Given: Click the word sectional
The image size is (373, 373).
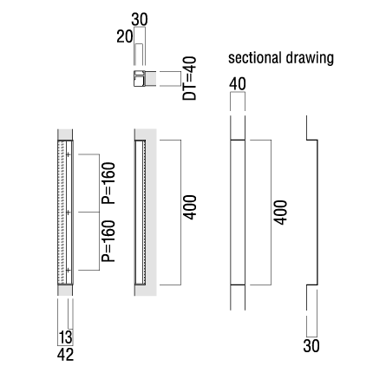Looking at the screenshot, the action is coord(254,58).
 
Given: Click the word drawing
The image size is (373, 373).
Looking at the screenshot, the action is coord(310,59).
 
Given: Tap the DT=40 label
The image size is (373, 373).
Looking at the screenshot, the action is coord(189,78).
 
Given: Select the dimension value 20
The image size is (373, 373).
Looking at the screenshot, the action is coord(125,36).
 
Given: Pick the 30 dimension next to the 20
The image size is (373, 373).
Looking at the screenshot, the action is coord(140,20).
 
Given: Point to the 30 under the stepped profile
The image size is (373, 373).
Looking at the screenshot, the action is coord(311,345).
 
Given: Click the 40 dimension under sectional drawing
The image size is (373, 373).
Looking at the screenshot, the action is coord(238,84).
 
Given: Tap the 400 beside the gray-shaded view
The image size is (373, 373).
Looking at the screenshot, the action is coord(190,207).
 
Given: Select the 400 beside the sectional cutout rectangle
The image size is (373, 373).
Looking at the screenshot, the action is coord(281,213).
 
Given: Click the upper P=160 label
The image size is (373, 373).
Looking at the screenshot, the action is coord(108,183).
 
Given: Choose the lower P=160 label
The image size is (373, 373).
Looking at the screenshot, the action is coord(108,241).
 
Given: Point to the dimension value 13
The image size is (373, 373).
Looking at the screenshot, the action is coord(66,337).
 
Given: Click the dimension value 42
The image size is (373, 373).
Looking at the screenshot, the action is coord(65,355).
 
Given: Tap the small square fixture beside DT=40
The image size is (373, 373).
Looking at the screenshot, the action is coord(139,78).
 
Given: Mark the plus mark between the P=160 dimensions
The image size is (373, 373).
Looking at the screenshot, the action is coord(69,213).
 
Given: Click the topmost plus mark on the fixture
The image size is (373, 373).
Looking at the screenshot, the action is coord(69,154).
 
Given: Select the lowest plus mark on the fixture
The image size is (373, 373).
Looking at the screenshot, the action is coord(69,270).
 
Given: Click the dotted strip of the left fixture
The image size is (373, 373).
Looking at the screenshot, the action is coord(61,213).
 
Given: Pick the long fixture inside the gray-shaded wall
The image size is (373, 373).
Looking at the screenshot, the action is coord(141,213).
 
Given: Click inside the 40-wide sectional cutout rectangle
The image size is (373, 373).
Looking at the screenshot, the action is coord(238,213).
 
